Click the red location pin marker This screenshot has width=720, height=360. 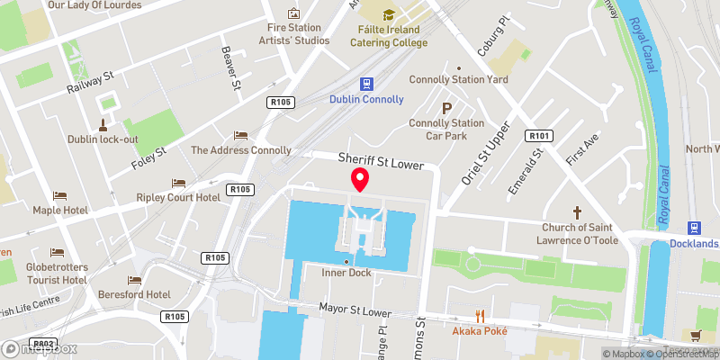[360, 179]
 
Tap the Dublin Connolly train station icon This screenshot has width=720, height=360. [366, 84]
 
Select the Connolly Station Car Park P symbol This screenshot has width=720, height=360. [444, 108]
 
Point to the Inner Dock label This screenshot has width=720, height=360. [346, 271]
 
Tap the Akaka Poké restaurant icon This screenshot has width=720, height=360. [480, 316]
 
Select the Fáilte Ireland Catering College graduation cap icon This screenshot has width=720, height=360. [388, 14]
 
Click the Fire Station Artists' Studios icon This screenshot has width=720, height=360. [292, 13]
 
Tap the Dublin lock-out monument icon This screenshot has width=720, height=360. [103, 124]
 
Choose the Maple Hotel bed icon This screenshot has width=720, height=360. [59, 195]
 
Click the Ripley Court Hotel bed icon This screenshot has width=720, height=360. [178, 183]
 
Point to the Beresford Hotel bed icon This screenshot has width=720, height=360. [135, 280]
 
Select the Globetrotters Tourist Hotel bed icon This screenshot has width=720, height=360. [58, 252]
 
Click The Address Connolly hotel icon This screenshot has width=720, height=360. [240, 135]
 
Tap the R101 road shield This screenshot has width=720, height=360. [540, 136]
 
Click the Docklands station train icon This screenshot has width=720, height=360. [694, 229]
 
